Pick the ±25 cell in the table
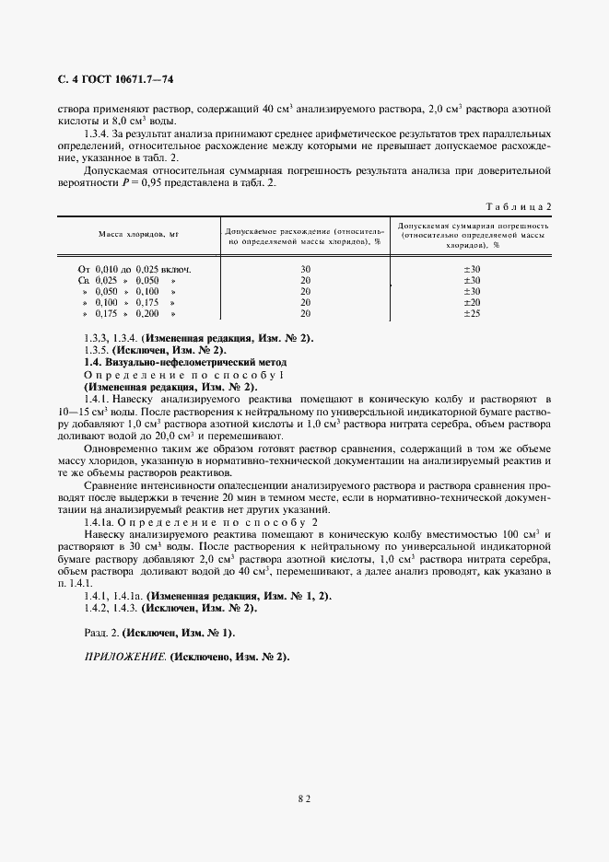(x=471, y=314)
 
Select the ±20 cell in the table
(x=471, y=302)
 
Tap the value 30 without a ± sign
(x=305, y=269)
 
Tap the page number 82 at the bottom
(x=304, y=799)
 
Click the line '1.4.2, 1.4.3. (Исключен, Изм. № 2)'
(x=170, y=609)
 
